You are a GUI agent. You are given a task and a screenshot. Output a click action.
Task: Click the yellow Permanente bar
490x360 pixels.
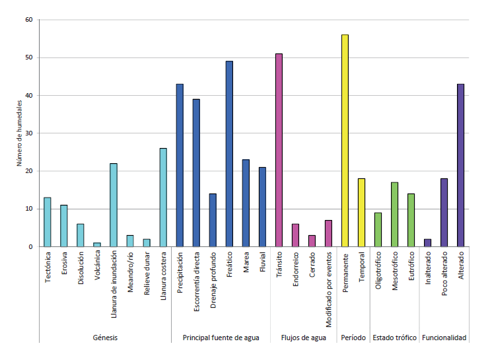pyautogui.click(x=345, y=141)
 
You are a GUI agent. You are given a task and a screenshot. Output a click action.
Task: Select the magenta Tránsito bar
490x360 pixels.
pyautogui.click(x=279, y=150)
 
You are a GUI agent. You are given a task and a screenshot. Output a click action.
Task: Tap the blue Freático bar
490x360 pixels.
pyautogui.click(x=229, y=154)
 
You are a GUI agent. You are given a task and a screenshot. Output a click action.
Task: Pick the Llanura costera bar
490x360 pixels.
pyautogui.click(x=163, y=198)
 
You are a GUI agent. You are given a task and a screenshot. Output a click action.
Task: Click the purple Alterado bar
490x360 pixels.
pyautogui.click(x=460, y=165)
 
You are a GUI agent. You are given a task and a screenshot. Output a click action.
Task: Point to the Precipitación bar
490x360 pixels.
pyautogui.click(x=180, y=165)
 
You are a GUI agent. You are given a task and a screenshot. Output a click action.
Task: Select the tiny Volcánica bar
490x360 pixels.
pyautogui.click(x=97, y=245)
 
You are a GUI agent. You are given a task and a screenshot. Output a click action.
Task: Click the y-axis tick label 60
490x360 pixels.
pyautogui.click(x=28, y=20)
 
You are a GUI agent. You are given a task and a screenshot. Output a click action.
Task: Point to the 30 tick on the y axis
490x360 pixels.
pyautogui.click(x=28, y=133)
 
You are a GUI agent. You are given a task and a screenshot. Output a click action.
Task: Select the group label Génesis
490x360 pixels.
pyautogui.click(x=105, y=338)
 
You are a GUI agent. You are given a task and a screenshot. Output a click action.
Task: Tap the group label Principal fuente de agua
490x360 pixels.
pyautogui.click(x=221, y=338)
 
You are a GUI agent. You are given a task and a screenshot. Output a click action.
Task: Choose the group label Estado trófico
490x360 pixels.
pyautogui.click(x=394, y=338)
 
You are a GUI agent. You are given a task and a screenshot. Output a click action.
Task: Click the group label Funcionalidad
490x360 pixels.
pyautogui.click(x=444, y=338)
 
